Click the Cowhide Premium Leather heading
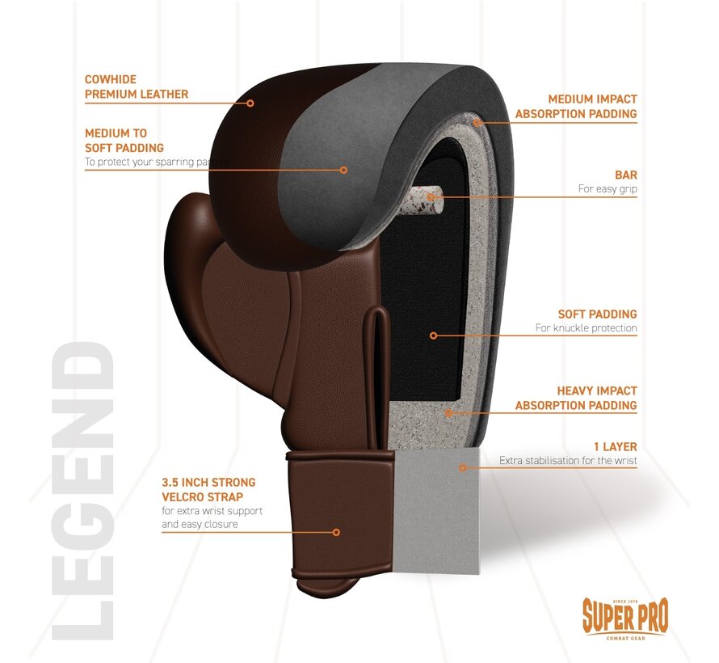coord(137,87)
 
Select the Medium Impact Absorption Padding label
coord(575,107)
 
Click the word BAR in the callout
coord(625,175)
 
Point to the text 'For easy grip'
coord(607,189)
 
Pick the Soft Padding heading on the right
coord(597,314)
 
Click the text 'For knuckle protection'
coord(586,328)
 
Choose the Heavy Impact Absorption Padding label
coord(575,398)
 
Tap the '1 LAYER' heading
coord(616,446)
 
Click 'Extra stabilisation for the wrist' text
coord(568,461)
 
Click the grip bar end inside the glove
coord(433,195)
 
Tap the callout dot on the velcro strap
coord(336,532)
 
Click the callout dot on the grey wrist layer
coord(463,467)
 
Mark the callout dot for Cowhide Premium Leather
coord(250,103)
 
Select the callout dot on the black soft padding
coord(433,335)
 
